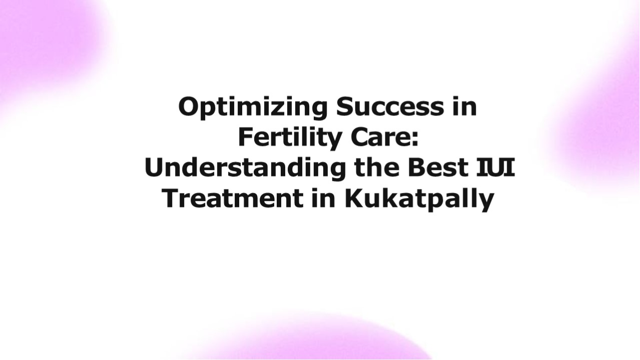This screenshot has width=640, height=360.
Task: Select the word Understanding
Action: [245, 168]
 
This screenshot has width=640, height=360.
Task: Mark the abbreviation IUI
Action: [495, 168]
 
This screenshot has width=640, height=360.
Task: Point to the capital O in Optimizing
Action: [188, 107]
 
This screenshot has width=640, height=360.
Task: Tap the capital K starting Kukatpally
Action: [353, 198]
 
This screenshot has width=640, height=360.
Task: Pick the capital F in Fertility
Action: [245, 137]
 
